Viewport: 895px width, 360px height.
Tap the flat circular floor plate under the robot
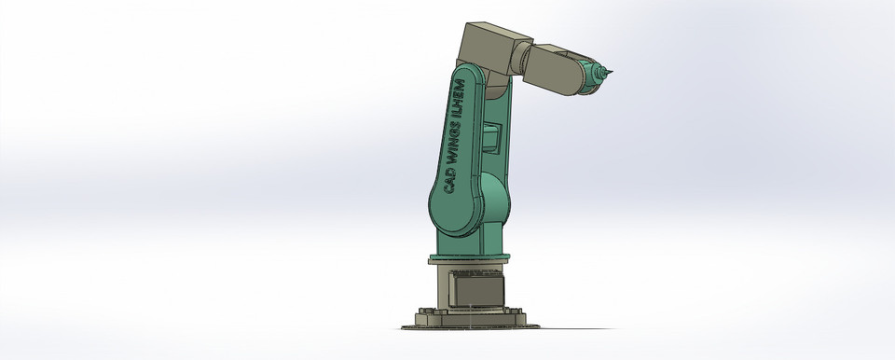pyautogui.click(x=471, y=325)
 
